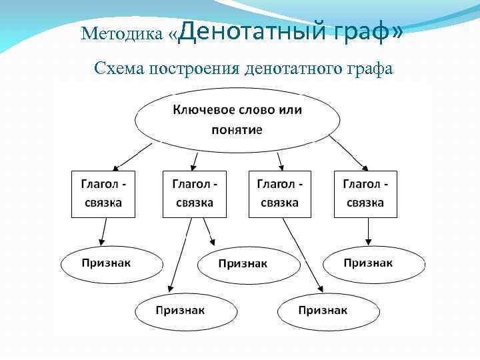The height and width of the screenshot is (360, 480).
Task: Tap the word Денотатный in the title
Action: (x=253, y=31)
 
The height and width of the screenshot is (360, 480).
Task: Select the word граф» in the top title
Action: (x=367, y=31)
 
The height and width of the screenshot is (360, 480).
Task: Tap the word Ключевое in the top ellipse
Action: (x=199, y=109)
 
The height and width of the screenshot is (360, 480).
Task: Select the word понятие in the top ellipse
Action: (x=237, y=129)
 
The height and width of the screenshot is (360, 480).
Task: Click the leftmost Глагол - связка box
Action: (x=103, y=194)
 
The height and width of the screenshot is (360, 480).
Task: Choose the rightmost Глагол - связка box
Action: (x=365, y=194)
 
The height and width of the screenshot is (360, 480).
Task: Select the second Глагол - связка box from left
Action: (x=195, y=194)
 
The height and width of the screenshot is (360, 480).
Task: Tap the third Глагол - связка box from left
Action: (x=280, y=194)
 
